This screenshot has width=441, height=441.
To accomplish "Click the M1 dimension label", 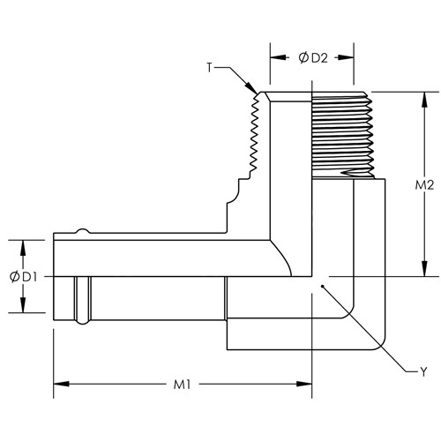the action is click(182, 385).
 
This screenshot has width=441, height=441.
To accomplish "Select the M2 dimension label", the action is click(424, 185).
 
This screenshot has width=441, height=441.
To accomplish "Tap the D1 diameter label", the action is click(29, 277).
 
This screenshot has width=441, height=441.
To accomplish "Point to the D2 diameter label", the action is click(319, 58).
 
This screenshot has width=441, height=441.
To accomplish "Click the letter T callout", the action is click(209, 68).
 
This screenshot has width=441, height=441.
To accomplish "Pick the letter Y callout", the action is click(423, 372).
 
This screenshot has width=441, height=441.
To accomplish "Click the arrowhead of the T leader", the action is click(251, 87).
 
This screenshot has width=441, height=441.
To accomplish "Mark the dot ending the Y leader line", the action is click(323, 286).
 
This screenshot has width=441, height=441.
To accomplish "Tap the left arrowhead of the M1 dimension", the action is click(61, 384).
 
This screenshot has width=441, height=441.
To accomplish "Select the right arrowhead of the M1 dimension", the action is click(304, 384).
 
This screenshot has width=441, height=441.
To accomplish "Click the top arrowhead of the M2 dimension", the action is click(424, 100).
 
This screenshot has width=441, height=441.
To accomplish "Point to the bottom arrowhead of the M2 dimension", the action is click(424, 268).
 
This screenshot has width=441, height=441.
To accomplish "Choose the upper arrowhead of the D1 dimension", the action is click(23, 248).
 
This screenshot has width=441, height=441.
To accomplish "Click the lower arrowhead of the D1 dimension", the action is click(23, 305).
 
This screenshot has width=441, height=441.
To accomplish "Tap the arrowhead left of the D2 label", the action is click(278, 57).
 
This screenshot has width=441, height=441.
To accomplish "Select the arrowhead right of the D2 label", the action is click(346, 57).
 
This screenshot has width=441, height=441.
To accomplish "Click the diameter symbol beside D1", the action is click(14, 277).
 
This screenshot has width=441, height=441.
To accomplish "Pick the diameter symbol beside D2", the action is click(303, 58).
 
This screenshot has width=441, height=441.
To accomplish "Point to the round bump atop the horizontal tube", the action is click(83, 231).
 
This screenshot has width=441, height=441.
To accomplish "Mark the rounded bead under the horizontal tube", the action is click(83, 322).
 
